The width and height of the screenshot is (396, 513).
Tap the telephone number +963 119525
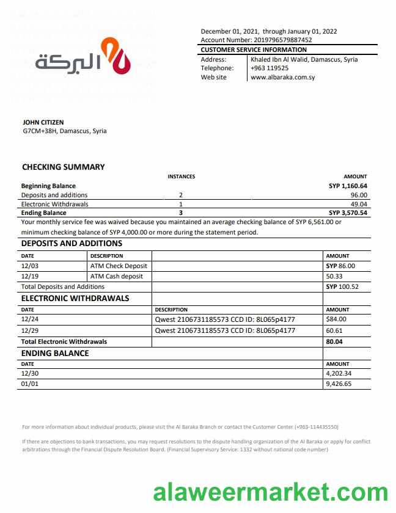tap(269, 68)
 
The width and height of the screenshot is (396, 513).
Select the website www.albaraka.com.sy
tap(282, 78)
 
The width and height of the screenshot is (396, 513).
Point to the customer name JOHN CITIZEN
tap(43, 122)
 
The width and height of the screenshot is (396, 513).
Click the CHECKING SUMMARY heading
tap(64, 167)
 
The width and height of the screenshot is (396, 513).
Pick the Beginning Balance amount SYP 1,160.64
tap(348, 186)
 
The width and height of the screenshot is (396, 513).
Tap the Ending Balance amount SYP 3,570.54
tap(348, 213)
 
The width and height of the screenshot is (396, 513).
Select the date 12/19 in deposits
tap(29, 276)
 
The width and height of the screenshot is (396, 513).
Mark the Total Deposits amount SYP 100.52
tap(342, 286)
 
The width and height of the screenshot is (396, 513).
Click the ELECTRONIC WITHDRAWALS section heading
tap(75, 299)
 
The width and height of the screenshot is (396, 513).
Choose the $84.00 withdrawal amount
tap(337, 319)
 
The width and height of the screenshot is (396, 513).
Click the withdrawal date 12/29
tap(29, 330)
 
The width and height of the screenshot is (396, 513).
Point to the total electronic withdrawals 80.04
tap(335, 342)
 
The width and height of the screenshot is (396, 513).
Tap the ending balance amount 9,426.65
tap(339, 384)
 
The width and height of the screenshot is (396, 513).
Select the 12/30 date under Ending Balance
tap(29, 373)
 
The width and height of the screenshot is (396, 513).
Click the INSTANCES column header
tap(182, 176)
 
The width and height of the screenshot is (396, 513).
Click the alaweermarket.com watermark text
tap(270, 492)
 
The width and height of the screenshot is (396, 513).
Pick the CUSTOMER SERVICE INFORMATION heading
tap(254, 49)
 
